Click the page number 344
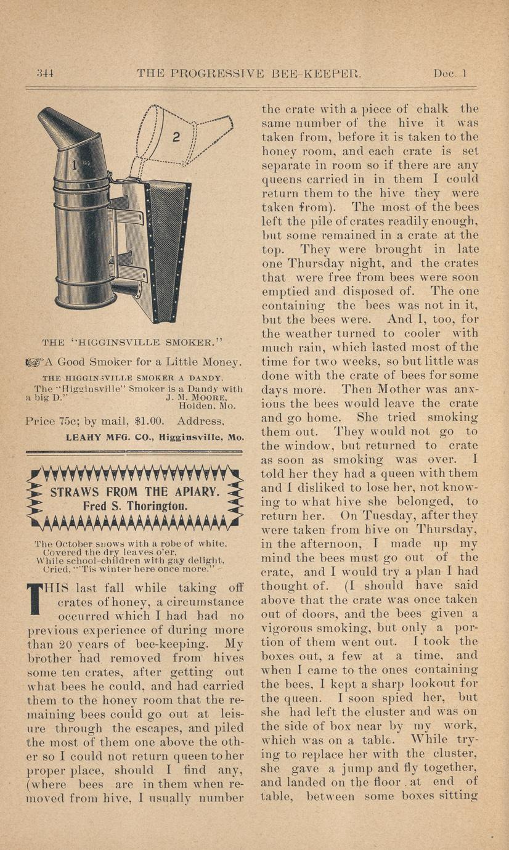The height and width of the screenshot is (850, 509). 45,73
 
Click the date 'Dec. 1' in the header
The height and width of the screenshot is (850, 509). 450,73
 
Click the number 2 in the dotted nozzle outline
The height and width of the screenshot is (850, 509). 176,137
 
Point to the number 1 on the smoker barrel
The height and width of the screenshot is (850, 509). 74,165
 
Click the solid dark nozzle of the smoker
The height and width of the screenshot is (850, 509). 67,128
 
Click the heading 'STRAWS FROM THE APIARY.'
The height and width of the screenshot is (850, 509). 134,492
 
